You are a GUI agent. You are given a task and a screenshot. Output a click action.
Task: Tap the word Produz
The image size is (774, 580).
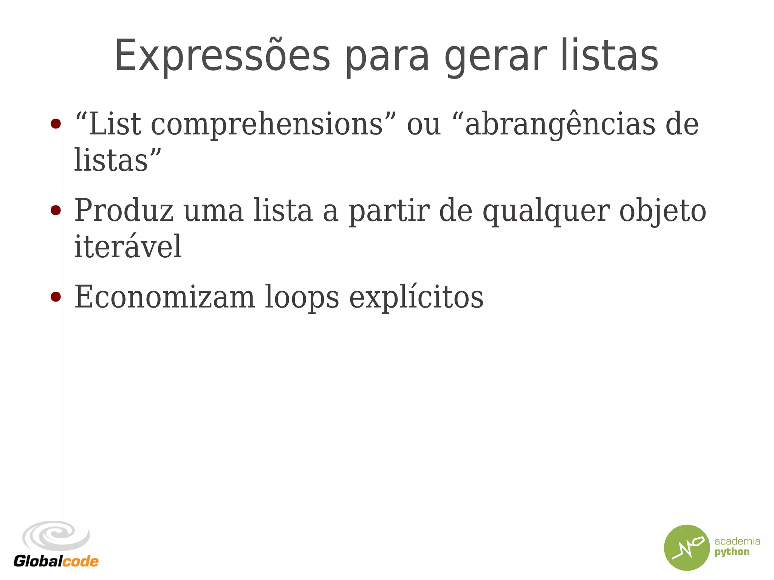pos(124,211)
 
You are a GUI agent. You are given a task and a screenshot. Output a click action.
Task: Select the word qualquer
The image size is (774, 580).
pos(546,211)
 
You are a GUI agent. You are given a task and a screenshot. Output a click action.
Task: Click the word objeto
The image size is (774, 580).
pos(663,211)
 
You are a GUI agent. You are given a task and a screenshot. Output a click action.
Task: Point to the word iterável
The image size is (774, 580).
pos(128,246)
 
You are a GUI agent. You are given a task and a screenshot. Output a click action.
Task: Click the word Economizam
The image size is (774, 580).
pos(165,297)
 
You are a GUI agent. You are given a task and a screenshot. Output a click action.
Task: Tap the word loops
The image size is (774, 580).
pos(302,297)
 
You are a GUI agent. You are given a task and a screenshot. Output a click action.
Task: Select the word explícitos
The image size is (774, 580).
pos(416,297)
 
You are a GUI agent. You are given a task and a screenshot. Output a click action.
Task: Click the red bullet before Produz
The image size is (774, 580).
pos(56,210)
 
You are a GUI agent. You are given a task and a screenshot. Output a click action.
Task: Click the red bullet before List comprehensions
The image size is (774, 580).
pos(56,124)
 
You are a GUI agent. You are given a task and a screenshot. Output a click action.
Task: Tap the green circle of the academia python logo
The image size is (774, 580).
pos(687,548)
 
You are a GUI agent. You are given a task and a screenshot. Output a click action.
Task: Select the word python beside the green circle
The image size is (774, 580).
pos(732,552)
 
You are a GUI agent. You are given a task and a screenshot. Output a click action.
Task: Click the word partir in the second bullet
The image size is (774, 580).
pos(389,211)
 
